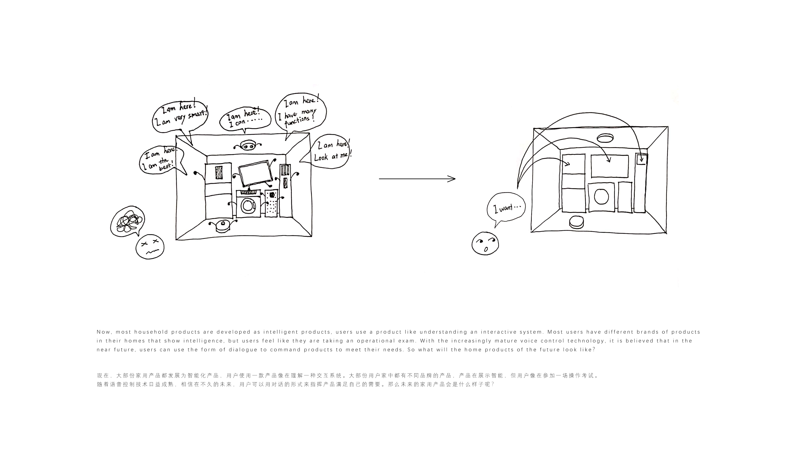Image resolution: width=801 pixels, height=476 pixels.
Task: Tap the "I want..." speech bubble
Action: click(x=506, y=209)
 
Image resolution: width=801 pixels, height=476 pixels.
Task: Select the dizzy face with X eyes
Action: click(x=150, y=247)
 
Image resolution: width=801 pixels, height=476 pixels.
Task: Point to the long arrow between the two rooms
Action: click(x=417, y=179)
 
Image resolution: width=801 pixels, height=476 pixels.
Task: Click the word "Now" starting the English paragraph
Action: click(x=103, y=332)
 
